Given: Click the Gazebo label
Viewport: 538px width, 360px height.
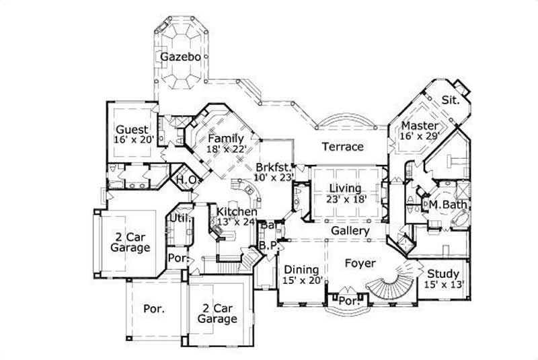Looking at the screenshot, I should click(180, 57).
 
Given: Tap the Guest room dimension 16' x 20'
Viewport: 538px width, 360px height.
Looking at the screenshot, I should click(134, 140).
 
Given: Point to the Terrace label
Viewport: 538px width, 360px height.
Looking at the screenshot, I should click(342, 147).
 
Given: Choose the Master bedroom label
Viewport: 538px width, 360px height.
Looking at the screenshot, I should click(420, 126).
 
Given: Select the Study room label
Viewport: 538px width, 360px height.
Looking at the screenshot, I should click(443, 274).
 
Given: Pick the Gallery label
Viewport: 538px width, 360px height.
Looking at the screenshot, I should click(350, 231).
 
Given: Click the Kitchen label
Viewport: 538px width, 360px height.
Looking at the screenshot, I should click(236, 211).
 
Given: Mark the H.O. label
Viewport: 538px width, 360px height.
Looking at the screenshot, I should click(185, 180).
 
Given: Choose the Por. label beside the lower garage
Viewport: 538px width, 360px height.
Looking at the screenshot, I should click(153, 309).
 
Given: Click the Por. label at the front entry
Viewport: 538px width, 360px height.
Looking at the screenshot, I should click(348, 301).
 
